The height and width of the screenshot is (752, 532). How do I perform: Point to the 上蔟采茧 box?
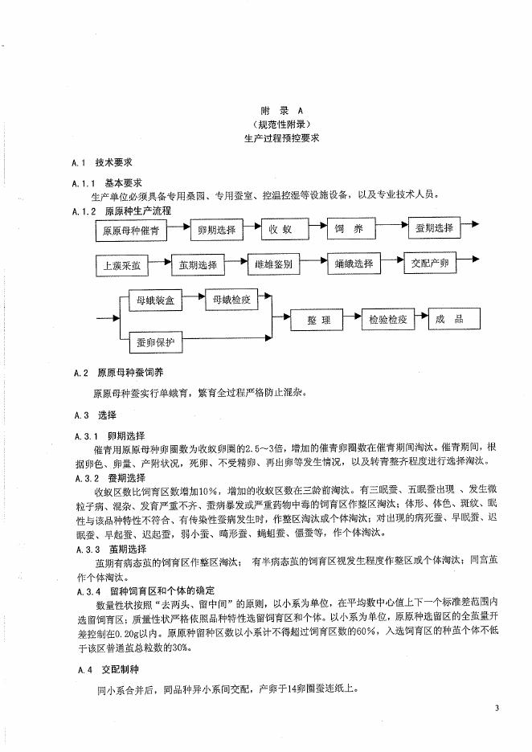click(120, 265)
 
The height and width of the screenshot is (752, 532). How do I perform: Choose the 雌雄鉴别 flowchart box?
click(272, 264)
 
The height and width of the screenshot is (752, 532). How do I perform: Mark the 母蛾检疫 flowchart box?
click(232, 300)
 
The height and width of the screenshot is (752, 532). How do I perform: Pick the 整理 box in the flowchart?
click(319, 320)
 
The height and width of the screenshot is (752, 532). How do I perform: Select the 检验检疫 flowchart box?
click(388, 319)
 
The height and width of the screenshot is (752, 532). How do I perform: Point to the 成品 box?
click(454, 318)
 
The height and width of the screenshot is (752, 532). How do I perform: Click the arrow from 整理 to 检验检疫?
click(354, 320)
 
